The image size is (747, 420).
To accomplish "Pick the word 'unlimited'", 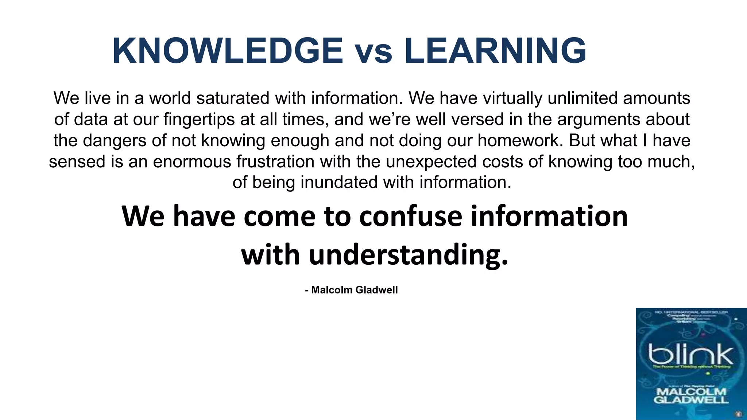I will tap(582, 98).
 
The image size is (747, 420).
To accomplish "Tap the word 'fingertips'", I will tap(199, 119).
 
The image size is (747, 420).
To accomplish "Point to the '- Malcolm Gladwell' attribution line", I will tap(351, 290).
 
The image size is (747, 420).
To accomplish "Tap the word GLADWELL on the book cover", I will tap(691, 400).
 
